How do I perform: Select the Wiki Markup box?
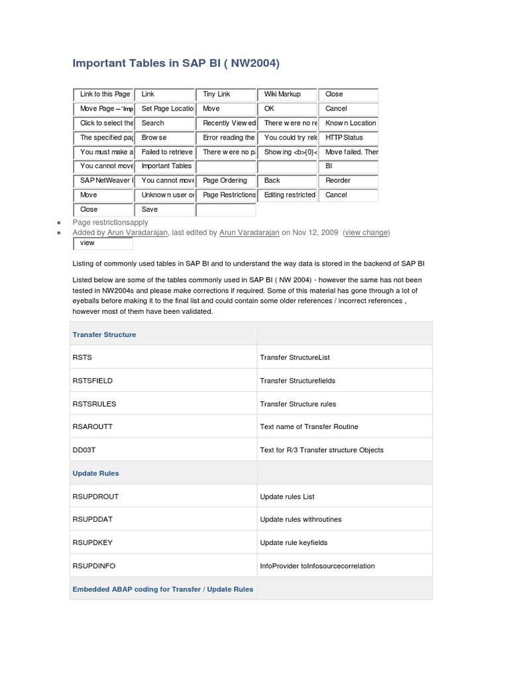[x=287, y=95]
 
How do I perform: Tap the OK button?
[x=287, y=109]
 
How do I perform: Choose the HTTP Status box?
[x=348, y=138]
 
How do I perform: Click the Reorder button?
[x=348, y=181]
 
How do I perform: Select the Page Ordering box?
[x=225, y=181]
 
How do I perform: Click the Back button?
[x=287, y=181]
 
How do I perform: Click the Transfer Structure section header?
[x=104, y=334]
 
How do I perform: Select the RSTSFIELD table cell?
[x=92, y=381]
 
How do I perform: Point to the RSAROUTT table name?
[x=92, y=427]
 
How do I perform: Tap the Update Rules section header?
[x=95, y=473]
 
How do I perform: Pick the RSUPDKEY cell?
[x=92, y=543]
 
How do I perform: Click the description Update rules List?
[x=287, y=497]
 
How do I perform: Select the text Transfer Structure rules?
[x=298, y=404]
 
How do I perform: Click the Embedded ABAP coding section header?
[x=162, y=589]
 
